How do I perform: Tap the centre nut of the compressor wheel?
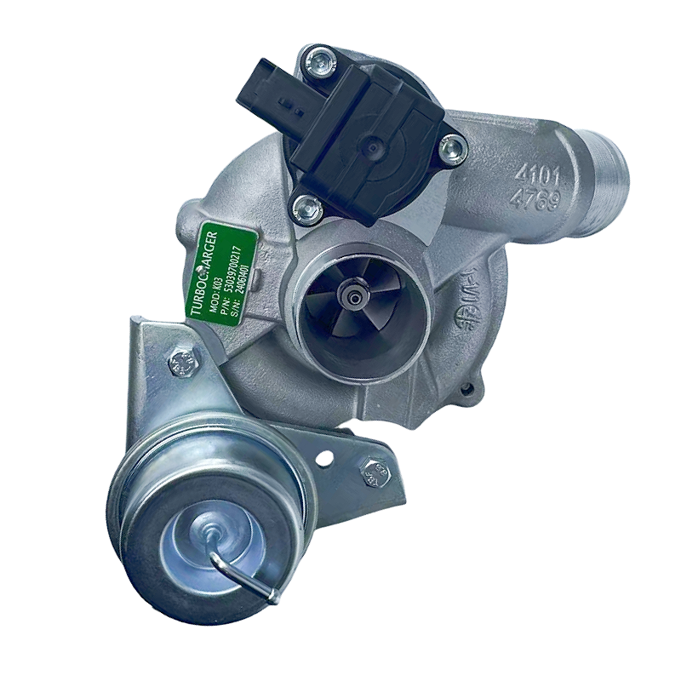point(351,294)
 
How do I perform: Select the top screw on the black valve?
point(320,60)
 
